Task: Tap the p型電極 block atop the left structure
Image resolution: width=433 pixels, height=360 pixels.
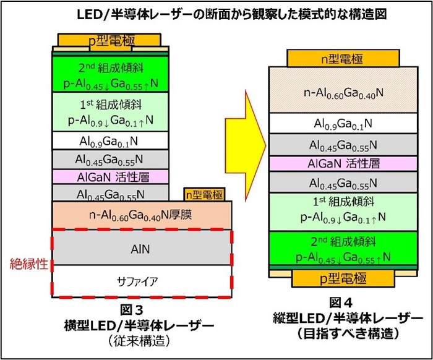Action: coord(111,40)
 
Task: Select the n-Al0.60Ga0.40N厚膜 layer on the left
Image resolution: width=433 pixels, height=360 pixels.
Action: coord(142,215)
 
